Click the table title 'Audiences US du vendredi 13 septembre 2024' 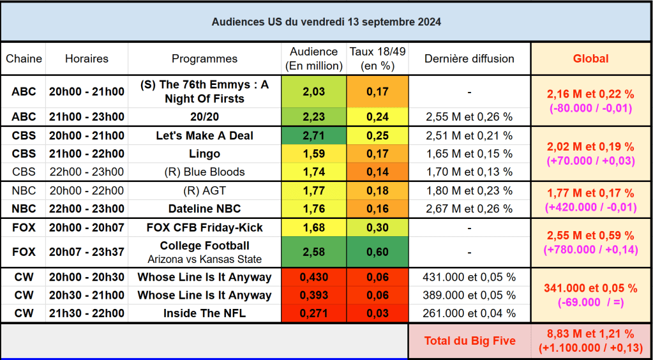(326, 22)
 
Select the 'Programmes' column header (204, 59)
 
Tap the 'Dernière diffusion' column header (469, 59)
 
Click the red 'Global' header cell (590, 59)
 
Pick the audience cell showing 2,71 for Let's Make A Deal (313, 136)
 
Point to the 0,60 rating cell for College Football (377, 253)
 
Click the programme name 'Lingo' (204, 154)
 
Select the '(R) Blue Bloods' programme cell (204, 172)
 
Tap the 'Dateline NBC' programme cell (204, 209)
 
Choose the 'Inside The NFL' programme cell (204, 313)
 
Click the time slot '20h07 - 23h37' (87, 252)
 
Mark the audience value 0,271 (313, 313)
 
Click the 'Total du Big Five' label (469, 341)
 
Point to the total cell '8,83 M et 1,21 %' (590, 334)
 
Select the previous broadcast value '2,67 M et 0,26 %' (469, 209)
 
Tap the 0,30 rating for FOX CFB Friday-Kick (377, 228)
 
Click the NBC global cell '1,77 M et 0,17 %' (590, 193)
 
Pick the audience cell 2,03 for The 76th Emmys (313, 92)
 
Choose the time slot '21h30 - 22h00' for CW (87, 313)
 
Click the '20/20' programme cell (204, 117)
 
